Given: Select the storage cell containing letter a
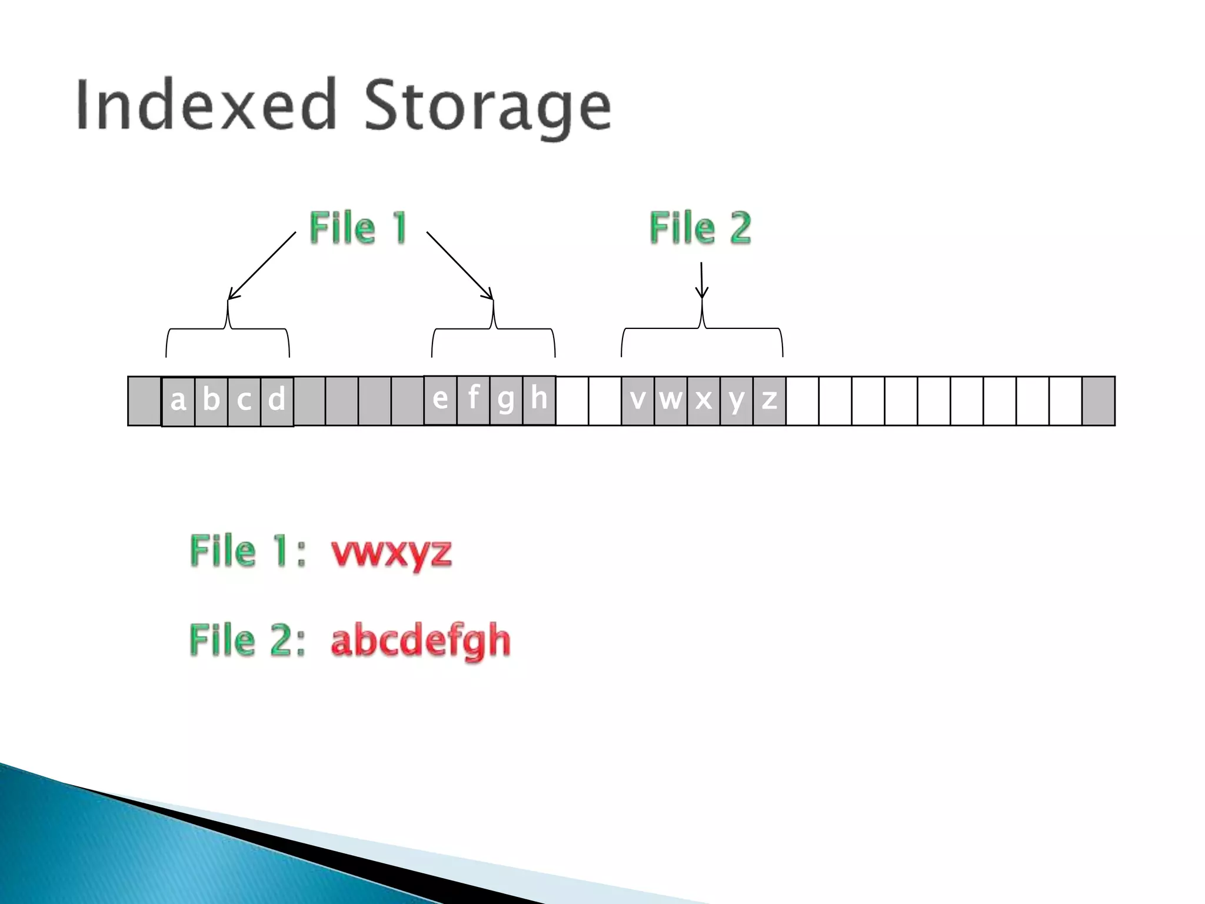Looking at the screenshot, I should click(178, 401).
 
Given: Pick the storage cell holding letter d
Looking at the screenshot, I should click(277, 401).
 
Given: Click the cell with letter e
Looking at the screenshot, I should click(440, 400).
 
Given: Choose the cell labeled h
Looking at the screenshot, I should click(539, 400).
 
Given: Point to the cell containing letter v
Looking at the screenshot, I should click(638, 400).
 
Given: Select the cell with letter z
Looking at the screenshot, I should click(769, 400).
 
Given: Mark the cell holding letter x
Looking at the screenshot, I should click(704, 400).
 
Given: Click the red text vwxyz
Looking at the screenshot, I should click(391, 553).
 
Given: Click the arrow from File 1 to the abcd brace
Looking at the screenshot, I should click(262, 265).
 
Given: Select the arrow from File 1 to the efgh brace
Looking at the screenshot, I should click(460, 265).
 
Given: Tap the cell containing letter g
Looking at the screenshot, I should click(506, 400).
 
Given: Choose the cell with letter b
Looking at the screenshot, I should click(211, 401).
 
